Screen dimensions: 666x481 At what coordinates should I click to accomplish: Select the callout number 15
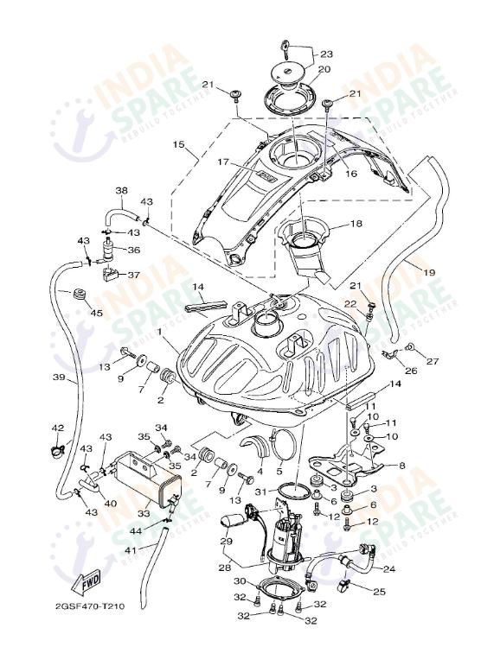(179, 146)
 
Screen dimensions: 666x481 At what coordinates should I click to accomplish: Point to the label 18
(356, 224)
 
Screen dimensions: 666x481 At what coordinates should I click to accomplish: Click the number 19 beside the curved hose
(429, 272)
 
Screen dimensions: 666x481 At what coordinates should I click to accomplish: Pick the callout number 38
(121, 190)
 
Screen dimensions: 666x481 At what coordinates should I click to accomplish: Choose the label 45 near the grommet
(96, 312)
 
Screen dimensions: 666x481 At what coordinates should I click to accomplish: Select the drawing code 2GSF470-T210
(90, 606)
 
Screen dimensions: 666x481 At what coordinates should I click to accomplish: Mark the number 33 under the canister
(143, 513)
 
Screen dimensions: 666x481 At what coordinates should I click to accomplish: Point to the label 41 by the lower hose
(130, 550)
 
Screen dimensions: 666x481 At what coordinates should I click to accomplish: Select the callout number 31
(260, 492)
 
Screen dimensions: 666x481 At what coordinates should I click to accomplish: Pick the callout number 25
(379, 592)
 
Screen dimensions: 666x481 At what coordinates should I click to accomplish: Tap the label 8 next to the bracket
(401, 466)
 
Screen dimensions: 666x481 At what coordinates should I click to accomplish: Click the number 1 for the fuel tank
(160, 332)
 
